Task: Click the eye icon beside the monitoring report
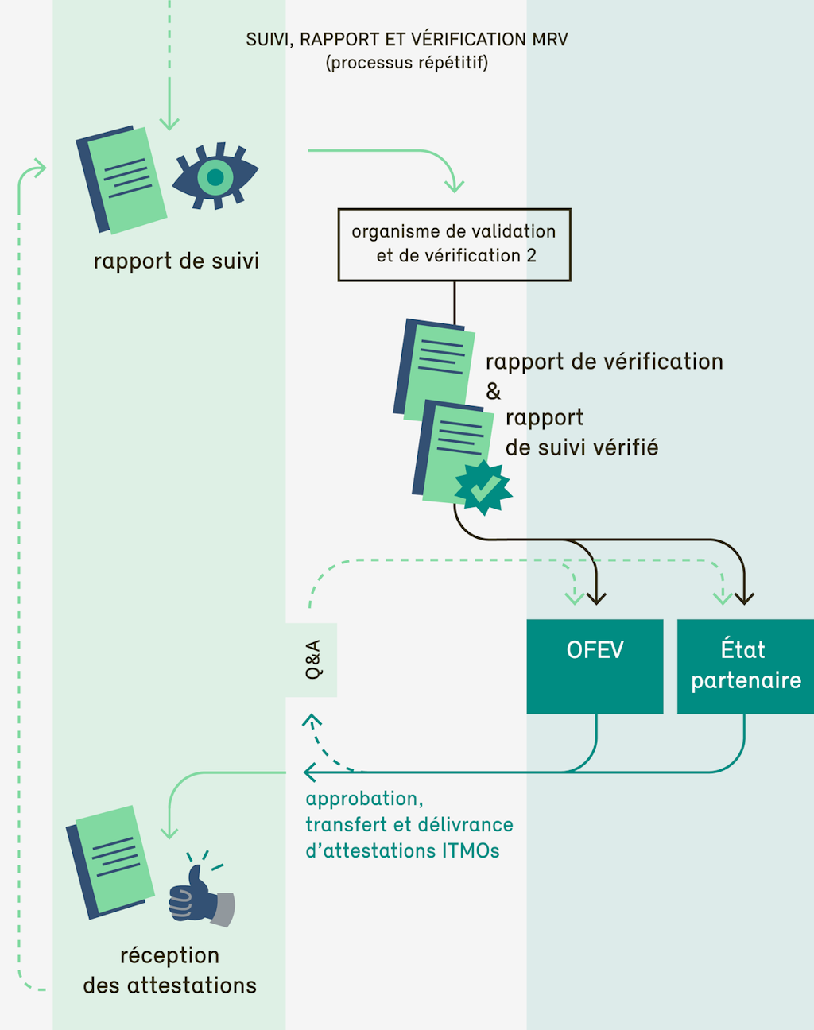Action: coord(215,176)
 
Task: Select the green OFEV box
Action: coord(595,666)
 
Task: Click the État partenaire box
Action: coord(746,666)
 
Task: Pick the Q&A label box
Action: coord(312,660)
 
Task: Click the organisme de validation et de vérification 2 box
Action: coord(454,245)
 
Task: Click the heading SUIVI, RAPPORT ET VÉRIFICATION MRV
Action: coord(407,39)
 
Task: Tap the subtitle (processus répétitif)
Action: coord(407,63)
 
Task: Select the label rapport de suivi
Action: coord(176,261)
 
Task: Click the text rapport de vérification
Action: coord(604,362)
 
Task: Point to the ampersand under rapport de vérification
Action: coord(494,391)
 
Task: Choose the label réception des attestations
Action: coord(170,970)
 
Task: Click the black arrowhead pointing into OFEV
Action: coord(596,598)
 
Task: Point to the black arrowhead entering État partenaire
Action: coord(744,598)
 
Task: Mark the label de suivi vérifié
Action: coord(582,448)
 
